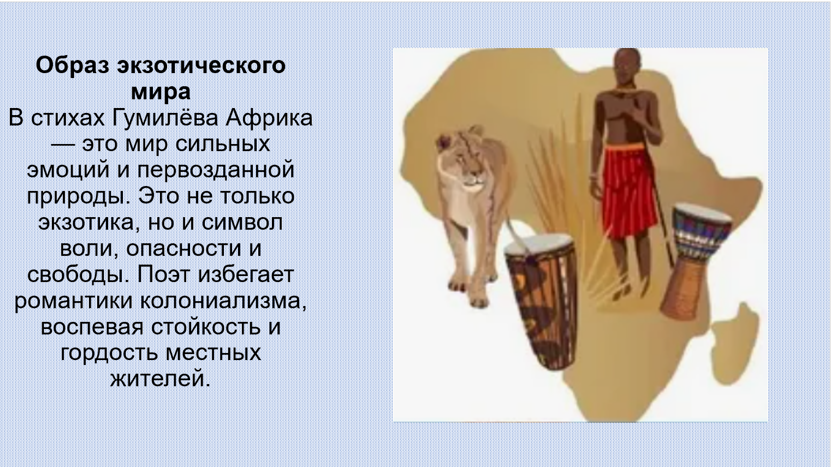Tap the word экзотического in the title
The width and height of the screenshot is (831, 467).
click(x=201, y=66)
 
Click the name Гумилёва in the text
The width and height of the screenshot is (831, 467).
click(x=165, y=118)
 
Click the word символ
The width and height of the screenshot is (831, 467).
click(x=242, y=223)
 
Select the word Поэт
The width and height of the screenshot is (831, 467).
click(x=164, y=274)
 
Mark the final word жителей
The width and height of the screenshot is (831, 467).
click(x=161, y=379)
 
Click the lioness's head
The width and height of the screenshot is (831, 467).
click(x=460, y=159)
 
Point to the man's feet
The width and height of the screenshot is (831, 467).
click(x=621, y=291)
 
